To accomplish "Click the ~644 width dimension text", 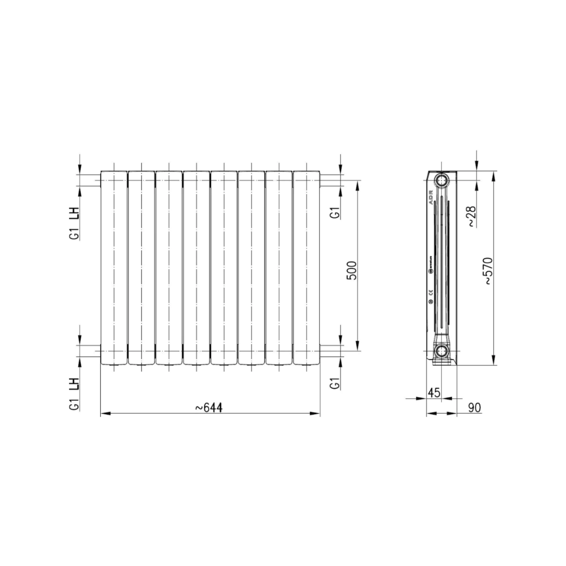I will tap(209, 407).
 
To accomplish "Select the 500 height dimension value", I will tap(352, 270).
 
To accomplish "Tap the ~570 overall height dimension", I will tap(487, 270).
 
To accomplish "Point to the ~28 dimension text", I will tap(471, 216).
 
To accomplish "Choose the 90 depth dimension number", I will tap(474, 407).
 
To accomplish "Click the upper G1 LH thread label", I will tap(74, 223).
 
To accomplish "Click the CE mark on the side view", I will tap(430, 292).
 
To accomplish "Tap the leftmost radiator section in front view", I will tap(114, 267).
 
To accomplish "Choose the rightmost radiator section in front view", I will tap(307, 267).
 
